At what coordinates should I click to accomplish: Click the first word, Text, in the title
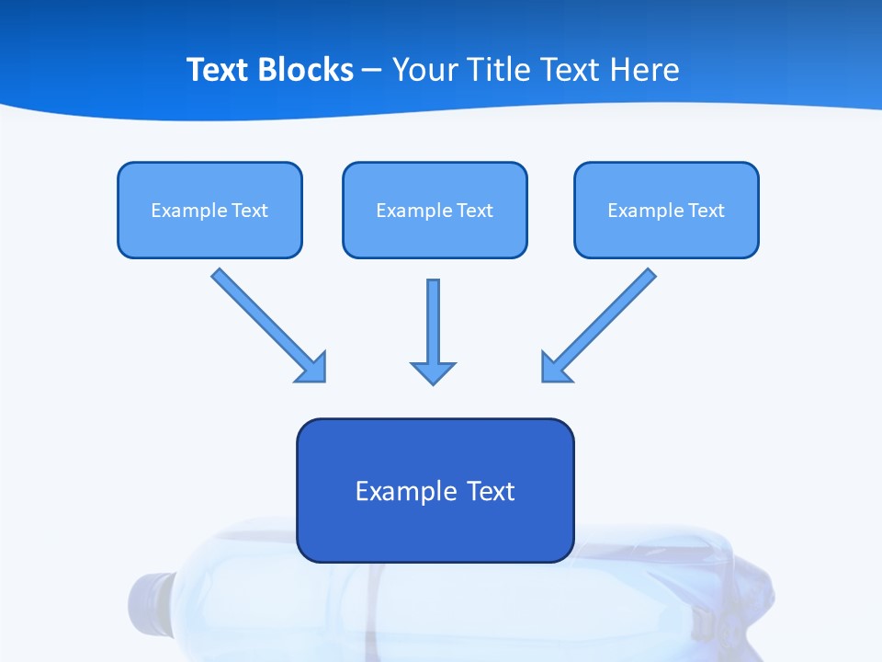pyautogui.click(x=219, y=70)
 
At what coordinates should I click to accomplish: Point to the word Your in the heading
pyautogui.click(x=423, y=70)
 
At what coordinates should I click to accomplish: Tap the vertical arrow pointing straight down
pyautogui.click(x=433, y=322)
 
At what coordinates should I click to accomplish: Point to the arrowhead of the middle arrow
pyautogui.click(x=433, y=372)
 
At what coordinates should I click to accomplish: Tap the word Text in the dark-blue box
pyautogui.click(x=492, y=491)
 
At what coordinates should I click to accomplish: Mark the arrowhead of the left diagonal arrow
pyautogui.click(x=312, y=368)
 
